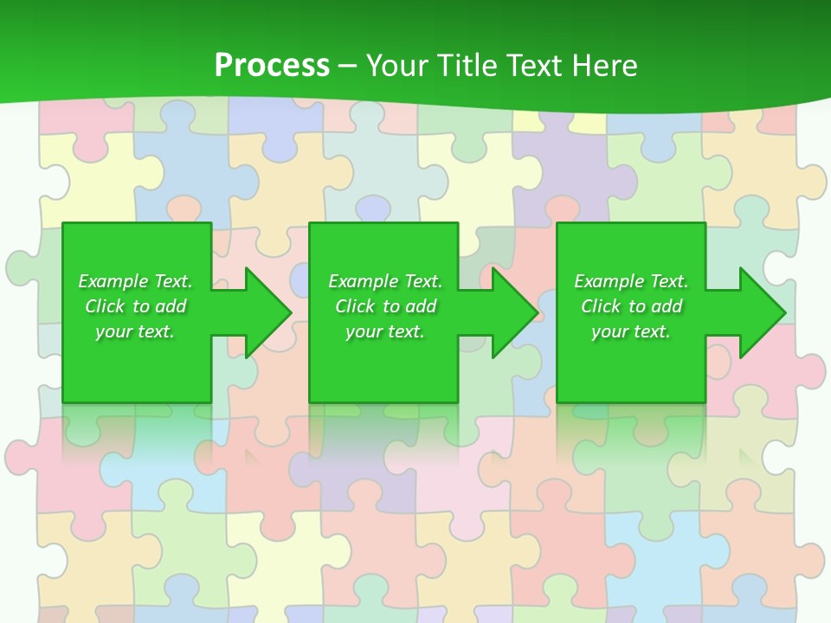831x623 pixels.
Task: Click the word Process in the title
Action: pyautogui.click(x=272, y=66)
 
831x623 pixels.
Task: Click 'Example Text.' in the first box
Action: pyautogui.click(x=135, y=281)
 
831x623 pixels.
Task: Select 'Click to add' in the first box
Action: pyautogui.click(x=135, y=306)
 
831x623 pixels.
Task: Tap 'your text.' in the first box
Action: pyautogui.click(x=135, y=331)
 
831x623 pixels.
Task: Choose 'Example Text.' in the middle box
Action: pyautogui.click(x=385, y=281)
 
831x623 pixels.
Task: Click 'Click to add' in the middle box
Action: pyautogui.click(x=385, y=306)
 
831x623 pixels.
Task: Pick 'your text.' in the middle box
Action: pyautogui.click(x=385, y=331)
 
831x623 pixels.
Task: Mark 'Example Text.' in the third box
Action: pyautogui.click(x=631, y=281)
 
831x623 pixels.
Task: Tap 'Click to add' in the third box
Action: pyautogui.click(x=631, y=306)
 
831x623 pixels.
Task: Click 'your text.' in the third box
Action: pyautogui.click(x=631, y=331)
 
